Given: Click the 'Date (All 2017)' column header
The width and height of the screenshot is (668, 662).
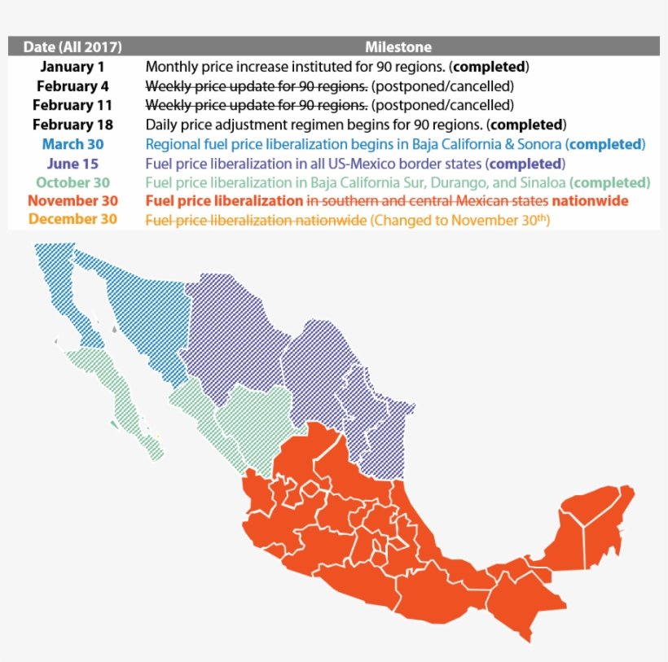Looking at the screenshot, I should [x=73, y=47].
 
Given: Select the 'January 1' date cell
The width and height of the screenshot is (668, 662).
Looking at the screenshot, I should [x=73, y=67].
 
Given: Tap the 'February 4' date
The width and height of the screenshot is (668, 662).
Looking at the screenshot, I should [x=73, y=85].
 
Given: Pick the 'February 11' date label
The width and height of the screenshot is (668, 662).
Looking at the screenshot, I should [x=73, y=105].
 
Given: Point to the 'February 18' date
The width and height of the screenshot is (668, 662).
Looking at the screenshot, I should [x=73, y=125].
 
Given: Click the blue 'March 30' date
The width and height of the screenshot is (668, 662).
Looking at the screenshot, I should [x=73, y=144].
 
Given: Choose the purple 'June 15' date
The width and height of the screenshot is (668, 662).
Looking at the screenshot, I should [x=73, y=164].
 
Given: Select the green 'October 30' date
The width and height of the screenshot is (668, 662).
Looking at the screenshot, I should [x=73, y=182].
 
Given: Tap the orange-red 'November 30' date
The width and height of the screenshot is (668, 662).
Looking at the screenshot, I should [x=73, y=200].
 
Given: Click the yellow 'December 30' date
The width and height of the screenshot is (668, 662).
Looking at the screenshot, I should [x=73, y=219].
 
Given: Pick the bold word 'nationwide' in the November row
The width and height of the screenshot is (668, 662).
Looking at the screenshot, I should [x=591, y=200].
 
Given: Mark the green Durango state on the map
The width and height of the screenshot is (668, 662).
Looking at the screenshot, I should [x=253, y=415].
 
